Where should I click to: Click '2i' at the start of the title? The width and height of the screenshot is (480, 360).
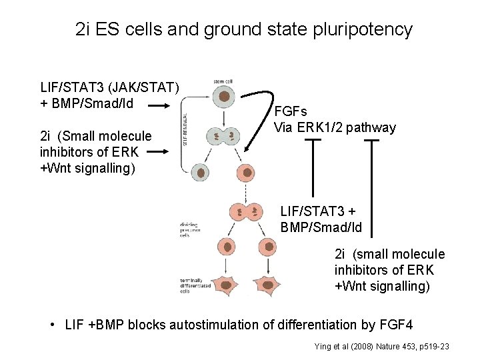[83, 30]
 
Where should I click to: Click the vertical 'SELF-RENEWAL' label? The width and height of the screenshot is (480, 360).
[185, 128]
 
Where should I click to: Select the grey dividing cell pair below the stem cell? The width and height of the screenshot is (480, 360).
[221, 137]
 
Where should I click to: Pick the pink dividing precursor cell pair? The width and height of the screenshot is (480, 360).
[246, 213]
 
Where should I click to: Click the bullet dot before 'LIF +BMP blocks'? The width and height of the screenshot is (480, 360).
[53, 325]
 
